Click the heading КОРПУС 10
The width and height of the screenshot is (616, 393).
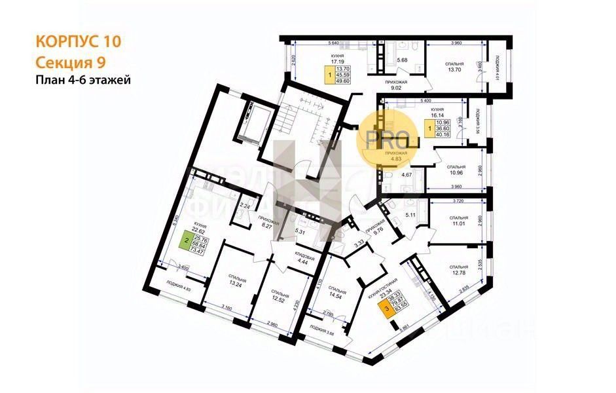click(78, 41)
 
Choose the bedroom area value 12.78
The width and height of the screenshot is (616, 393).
click(459, 273)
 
